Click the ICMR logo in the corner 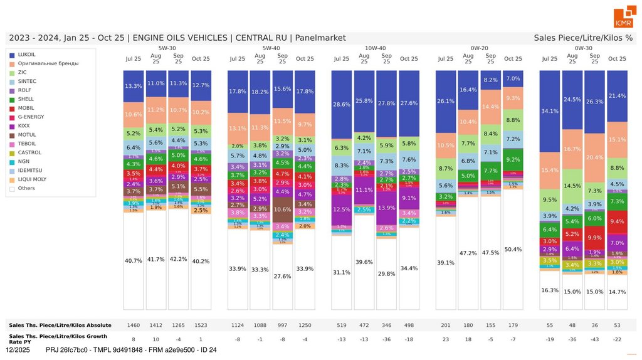pyautogui.click(x=623, y=18)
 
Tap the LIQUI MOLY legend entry pyautogui.click(x=34, y=179)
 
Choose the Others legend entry pyautogui.click(x=26, y=188)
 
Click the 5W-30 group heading pyautogui.click(x=167, y=48)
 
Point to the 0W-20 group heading pyautogui.click(x=480, y=48)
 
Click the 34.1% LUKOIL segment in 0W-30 pyautogui.click(x=549, y=111)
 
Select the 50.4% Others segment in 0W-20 pyautogui.click(x=513, y=249)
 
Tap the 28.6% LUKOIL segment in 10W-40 pyautogui.click(x=342, y=104)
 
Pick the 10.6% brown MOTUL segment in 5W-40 pyautogui.click(x=283, y=209)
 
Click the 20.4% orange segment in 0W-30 pyautogui.click(x=594, y=157)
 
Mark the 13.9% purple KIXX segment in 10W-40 pyautogui.click(x=386, y=207)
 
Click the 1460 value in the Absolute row pyautogui.click(x=134, y=325)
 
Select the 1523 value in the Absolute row pyautogui.click(x=201, y=325)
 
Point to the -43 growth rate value pyautogui.click(x=594, y=339)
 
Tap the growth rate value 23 pyautogui.click(x=445, y=339)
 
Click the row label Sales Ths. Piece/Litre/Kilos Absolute pyautogui.click(x=60, y=325)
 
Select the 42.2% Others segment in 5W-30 pyautogui.click(x=179, y=258)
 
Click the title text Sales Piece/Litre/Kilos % pyautogui.click(x=583, y=38)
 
